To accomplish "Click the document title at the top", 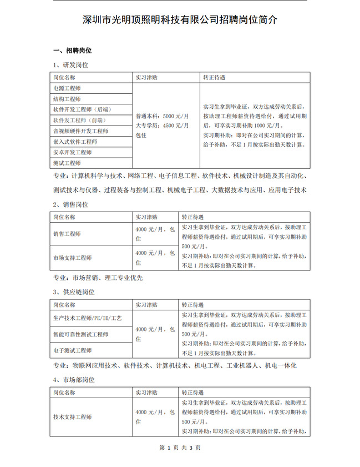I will pos(180,21).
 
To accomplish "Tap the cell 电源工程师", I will pos(67,88).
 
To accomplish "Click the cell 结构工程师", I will pos(67,99).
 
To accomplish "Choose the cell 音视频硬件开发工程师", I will pos(80,131).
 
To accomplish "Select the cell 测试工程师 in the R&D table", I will pos(67,163).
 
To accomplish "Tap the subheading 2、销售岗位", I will pos(70,204).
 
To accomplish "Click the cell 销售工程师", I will pos(67,234).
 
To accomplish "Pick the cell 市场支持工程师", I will pos(73,258).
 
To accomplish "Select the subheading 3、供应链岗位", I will pos(74,292).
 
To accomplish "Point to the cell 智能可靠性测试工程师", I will pos(80,335).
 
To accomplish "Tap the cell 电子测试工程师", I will pos(73,350).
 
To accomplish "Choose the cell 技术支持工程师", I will pos(73,416).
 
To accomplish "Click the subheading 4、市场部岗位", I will pos(74,380).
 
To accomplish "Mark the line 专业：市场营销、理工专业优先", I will pos(98,277).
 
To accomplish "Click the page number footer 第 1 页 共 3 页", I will pos(180,448).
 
